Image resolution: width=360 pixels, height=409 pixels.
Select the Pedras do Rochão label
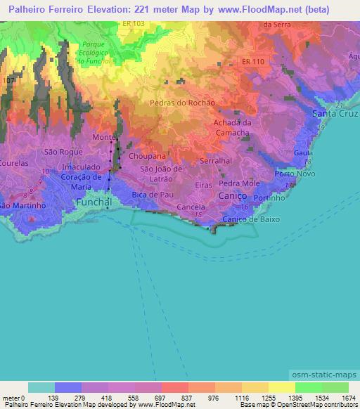(182, 103)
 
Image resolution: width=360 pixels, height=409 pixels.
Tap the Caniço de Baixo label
(251, 219)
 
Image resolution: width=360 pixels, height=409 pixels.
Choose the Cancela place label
(191, 207)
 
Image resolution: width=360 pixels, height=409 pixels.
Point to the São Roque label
(59, 152)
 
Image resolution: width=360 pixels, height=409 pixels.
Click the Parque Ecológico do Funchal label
(94, 53)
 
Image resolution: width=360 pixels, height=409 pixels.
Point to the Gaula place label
(304, 152)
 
